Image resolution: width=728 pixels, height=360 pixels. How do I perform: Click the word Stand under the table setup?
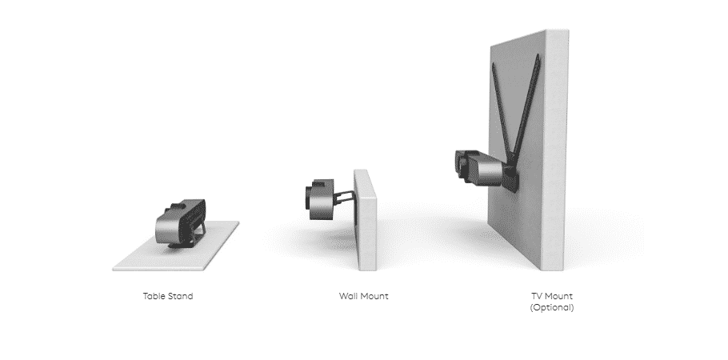(180, 296)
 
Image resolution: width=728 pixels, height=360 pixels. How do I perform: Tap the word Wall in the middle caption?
(349, 296)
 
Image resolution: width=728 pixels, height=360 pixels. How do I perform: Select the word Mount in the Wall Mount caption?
(374, 296)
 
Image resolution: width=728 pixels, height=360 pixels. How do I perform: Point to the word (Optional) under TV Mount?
(552, 306)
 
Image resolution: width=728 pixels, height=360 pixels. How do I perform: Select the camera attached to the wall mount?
(321, 197)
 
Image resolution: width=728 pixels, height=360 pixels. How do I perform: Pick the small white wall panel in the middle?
(365, 216)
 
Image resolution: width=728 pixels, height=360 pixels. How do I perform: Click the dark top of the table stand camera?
(184, 205)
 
